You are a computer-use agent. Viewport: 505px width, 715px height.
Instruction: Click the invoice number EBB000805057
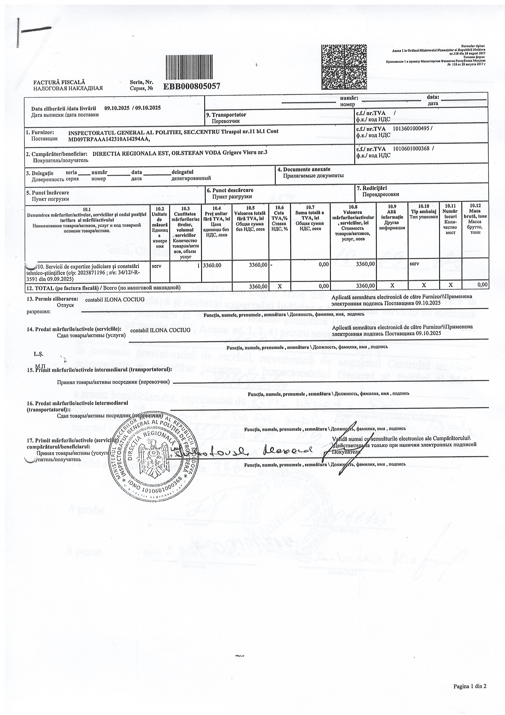tap(192, 86)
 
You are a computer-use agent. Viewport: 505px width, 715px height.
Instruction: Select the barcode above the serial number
tap(189, 67)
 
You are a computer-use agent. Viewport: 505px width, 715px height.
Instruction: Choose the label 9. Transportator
tap(226, 115)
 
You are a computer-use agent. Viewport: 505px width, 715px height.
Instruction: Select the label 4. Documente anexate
tap(304, 169)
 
